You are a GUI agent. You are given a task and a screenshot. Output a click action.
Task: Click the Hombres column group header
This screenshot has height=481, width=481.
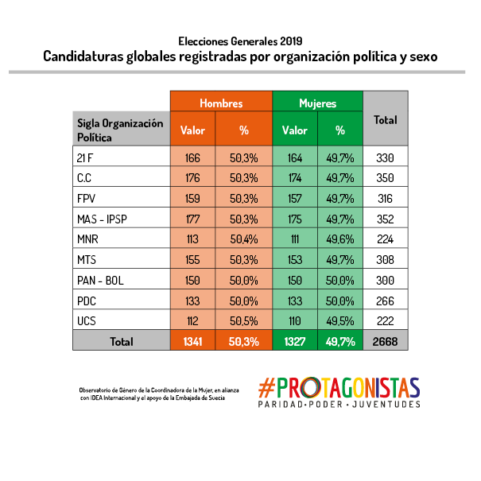(221, 103)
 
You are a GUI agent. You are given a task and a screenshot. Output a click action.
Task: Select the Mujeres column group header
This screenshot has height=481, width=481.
(317, 103)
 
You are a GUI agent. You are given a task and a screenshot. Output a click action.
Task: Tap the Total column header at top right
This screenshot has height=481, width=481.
(386, 120)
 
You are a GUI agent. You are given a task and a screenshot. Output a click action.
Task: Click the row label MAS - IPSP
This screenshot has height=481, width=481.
(103, 218)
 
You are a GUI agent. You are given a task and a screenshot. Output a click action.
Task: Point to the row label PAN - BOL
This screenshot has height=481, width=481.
(100, 280)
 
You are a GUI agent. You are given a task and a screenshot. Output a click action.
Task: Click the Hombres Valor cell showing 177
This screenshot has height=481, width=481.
(192, 218)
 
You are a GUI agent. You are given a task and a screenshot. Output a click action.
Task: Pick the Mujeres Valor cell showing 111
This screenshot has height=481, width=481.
(295, 239)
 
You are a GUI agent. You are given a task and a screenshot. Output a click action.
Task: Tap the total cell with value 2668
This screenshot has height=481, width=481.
(386, 341)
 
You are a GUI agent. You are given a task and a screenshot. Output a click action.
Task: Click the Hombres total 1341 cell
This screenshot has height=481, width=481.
(192, 341)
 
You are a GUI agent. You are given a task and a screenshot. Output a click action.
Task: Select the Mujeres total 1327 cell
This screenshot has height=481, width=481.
(295, 341)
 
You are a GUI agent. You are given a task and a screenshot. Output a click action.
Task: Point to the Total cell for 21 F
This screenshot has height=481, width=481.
(386, 157)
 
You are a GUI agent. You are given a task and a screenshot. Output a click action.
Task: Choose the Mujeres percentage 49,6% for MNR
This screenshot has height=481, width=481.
(340, 239)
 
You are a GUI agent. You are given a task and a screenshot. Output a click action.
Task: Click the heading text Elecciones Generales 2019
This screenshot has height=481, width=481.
(240, 40)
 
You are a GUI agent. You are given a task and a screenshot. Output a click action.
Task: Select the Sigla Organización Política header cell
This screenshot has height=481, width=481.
(121, 130)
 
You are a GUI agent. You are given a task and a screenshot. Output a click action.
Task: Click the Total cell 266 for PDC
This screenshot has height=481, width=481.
(386, 300)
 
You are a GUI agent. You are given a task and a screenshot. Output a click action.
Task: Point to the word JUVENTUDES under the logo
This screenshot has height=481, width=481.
(387, 405)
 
